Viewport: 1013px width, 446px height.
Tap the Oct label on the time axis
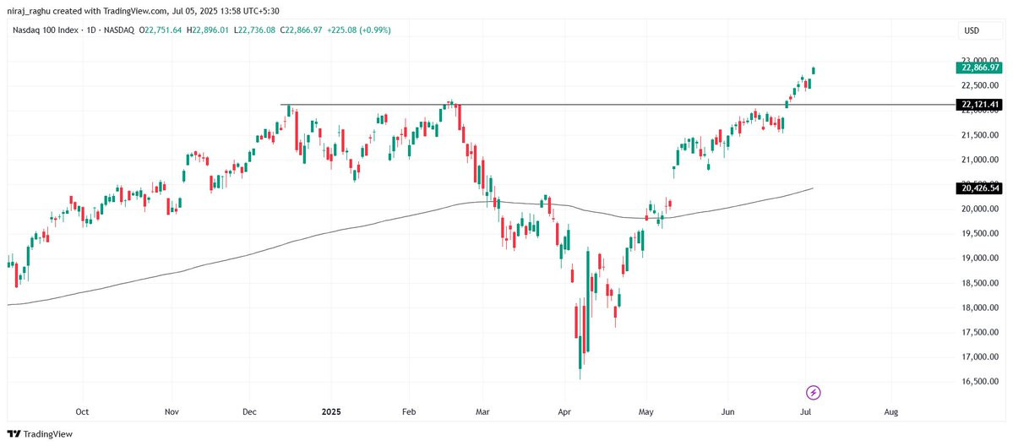82,413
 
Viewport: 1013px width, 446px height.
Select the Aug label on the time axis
890,413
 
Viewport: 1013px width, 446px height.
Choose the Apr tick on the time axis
563,413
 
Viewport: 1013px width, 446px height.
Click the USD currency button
972,31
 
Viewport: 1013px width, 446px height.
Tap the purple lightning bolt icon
813,392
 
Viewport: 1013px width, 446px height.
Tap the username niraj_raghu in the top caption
32,9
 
